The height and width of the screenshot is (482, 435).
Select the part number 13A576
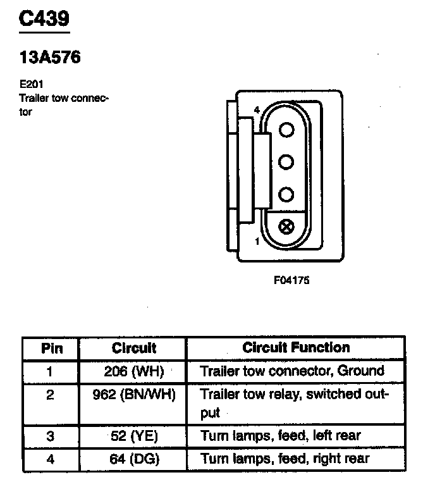tap(50, 58)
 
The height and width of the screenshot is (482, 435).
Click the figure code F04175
tap(291, 279)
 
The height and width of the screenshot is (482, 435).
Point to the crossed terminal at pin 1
tap(287, 226)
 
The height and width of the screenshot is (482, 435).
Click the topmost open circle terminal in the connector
tap(287, 130)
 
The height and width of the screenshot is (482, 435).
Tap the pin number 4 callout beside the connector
tap(256, 111)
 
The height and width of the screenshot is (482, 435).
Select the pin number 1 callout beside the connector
tap(257, 241)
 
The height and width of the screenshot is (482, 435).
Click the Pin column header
tap(51, 348)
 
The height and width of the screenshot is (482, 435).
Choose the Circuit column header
tap(134, 348)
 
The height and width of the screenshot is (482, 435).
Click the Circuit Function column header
tap(296, 348)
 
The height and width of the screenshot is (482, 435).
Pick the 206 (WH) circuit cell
tap(134, 371)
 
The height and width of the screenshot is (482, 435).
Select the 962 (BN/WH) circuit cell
tap(134, 395)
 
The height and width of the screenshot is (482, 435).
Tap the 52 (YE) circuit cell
tap(134, 435)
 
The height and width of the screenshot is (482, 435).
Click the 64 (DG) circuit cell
tap(134, 458)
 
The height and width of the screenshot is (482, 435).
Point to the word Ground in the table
tap(361, 371)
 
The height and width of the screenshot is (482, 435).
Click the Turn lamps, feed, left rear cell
tap(280, 435)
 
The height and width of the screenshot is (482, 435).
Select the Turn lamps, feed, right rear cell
tap(285, 458)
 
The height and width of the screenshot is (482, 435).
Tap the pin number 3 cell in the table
tap(51, 435)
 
